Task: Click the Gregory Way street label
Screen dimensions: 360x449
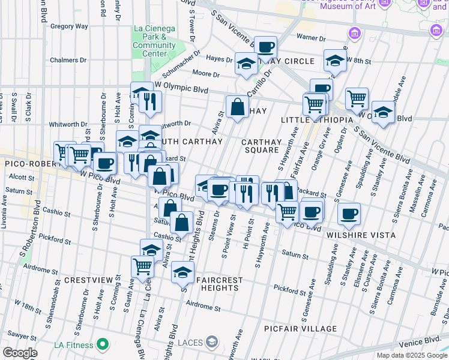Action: [69, 26]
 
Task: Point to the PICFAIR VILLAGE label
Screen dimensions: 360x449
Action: [301, 329]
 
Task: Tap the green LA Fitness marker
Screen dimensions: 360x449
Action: [103, 345]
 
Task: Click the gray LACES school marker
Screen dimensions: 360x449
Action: [211, 342]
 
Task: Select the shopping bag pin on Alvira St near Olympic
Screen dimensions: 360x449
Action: [238, 107]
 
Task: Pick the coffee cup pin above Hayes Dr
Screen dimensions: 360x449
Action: [265, 47]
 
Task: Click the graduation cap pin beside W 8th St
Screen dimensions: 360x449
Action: [335, 59]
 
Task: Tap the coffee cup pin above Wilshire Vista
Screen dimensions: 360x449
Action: [348, 212]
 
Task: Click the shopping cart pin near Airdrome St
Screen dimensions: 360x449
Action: [143, 266]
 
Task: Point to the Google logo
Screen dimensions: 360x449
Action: [20, 353]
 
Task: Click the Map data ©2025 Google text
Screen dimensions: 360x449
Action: [411, 355]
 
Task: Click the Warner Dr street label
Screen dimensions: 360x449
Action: [313, 38]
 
